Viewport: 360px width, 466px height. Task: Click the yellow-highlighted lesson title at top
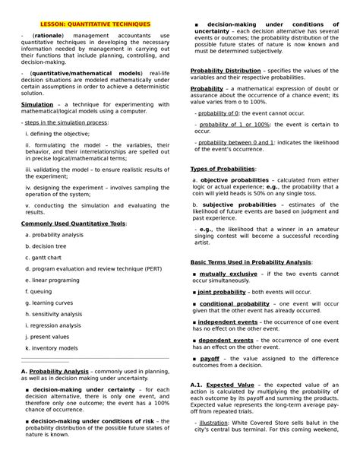[x=90, y=24]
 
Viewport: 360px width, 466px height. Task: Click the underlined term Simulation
[x=37, y=103]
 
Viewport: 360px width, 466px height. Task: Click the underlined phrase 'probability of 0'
[x=219, y=113]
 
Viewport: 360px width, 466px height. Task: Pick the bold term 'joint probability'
[x=224, y=291]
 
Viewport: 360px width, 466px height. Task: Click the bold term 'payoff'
[x=210, y=357]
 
